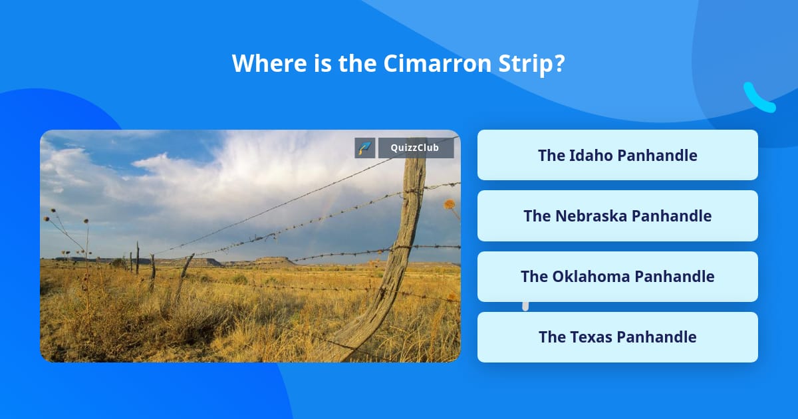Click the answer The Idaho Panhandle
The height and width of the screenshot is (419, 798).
pyautogui.click(x=617, y=155)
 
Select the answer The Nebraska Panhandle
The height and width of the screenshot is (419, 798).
pyautogui.click(x=617, y=215)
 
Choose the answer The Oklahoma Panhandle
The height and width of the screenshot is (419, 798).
pyautogui.click(x=617, y=276)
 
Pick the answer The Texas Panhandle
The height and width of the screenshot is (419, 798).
pyautogui.click(x=617, y=337)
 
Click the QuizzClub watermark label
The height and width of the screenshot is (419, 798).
pyautogui.click(x=416, y=148)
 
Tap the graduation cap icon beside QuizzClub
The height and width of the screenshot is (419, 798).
pyautogui.click(x=365, y=148)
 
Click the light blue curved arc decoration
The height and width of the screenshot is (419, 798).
pyautogui.click(x=758, y=98)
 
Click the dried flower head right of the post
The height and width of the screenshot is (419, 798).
pyautogui.click(x=450, y=204)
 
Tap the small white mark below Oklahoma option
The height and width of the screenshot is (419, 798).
pyautogui.click(x=525, y=306)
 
